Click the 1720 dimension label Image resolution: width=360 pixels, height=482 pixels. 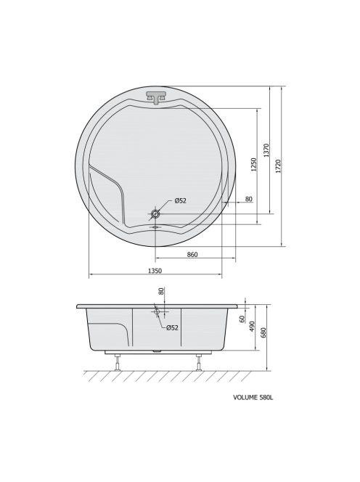[278, 166]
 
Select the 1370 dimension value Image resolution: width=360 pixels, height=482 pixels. [266, 150]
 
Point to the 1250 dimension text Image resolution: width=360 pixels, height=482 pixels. [253, 165]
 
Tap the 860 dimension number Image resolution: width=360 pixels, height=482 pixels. [192, 255]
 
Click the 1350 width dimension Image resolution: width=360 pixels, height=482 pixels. [155, 271]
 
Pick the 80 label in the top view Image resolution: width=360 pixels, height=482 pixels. [249, 199]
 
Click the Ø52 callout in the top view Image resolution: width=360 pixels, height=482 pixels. [181, 201]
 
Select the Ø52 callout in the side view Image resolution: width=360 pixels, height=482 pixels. [172, 327]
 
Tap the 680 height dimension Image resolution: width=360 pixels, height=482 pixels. [263, 332]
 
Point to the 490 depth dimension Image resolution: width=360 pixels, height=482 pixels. [252, 326]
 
